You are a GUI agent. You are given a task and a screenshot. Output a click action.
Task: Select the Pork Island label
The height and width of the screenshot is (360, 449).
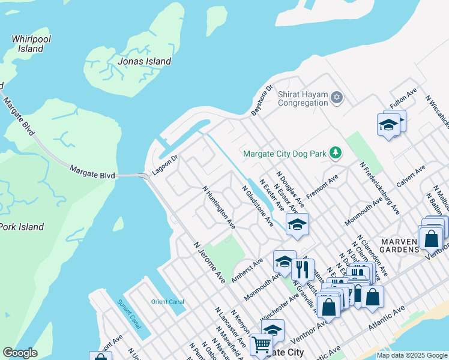coord(22,227)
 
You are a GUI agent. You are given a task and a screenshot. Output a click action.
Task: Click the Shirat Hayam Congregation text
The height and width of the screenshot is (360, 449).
coord(303,98)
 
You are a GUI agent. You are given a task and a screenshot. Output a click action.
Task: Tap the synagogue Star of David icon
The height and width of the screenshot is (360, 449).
coord(337,97)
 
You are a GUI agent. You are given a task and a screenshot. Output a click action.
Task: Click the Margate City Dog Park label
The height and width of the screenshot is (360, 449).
coord(285,154)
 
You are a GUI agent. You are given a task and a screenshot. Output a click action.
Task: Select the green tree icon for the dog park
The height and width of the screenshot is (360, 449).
coord(336,154)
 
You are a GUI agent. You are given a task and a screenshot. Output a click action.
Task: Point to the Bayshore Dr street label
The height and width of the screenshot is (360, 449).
coord(262,99)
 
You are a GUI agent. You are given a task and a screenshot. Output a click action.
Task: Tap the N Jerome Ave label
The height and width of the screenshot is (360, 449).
coord(209,263)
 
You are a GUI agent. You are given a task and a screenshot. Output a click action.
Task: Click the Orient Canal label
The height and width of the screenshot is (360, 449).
coord(168,302)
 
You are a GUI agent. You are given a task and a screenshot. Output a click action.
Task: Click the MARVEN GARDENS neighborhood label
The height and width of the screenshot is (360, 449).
coord(399,245)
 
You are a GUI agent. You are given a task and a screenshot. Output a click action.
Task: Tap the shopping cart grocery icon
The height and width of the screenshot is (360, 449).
coord(261,345)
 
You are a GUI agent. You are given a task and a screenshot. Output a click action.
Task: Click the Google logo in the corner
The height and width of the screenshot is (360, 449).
coord(20,353)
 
